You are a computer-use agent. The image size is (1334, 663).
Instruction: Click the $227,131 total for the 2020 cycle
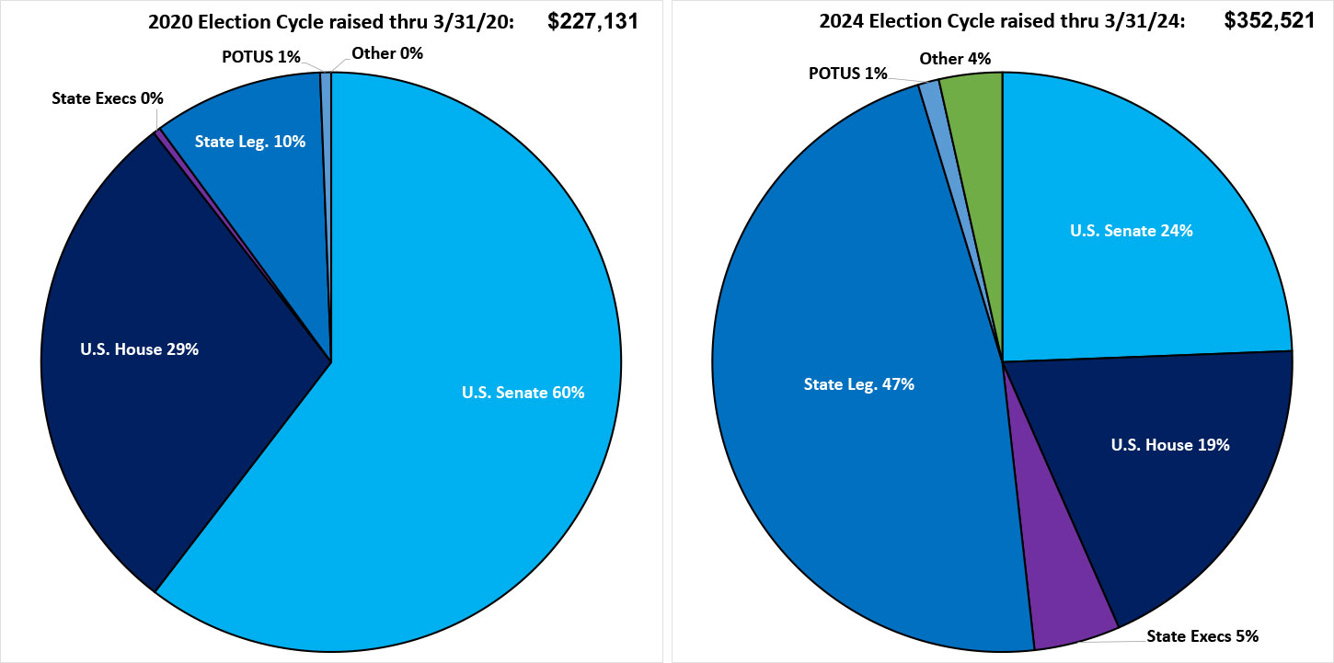coord(593,20)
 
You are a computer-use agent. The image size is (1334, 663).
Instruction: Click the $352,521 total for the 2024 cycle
coord(1270,20)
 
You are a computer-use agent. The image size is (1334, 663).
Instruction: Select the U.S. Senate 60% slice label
coord(523,393)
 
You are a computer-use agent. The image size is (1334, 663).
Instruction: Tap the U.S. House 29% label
coord(140,349)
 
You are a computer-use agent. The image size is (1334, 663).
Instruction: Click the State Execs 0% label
coord(108,97)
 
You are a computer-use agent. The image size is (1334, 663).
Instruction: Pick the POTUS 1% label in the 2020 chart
coord(261,57)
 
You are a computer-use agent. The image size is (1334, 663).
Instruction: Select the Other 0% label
coord(387,53)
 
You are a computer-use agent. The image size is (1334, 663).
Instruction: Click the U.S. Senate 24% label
coord(1131,231)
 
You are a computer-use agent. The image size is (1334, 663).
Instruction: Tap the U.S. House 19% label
coord(1170,445)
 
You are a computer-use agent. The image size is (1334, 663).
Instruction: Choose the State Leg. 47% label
coord(858,384)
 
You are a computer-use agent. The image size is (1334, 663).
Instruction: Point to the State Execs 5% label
coord(1202,635)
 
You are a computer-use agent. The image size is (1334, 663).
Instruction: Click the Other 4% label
coord(955,59)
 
